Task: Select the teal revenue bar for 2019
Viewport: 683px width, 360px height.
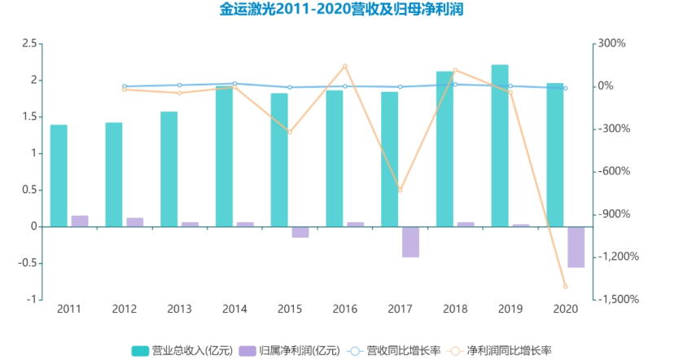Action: [499, 145]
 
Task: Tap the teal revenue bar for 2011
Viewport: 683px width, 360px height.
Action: [59, 175]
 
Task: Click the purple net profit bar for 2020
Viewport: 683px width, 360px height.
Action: [576, 247]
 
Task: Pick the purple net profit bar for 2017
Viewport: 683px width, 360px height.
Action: [410, 242]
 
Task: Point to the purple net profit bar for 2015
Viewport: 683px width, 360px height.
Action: [300, 232]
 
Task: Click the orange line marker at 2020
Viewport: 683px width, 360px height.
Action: [565, 287]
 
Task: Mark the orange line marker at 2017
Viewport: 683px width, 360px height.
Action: [400, 191]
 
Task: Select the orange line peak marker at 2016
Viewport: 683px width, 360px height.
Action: [344, 66]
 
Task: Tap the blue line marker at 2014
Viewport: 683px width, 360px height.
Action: [234, 83]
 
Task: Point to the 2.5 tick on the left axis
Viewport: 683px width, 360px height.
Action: [29, 43]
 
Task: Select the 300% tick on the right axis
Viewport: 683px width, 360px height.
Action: [614, 43]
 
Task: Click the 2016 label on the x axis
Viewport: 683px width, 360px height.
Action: [344, 310]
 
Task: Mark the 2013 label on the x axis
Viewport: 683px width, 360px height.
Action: [179, 310]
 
